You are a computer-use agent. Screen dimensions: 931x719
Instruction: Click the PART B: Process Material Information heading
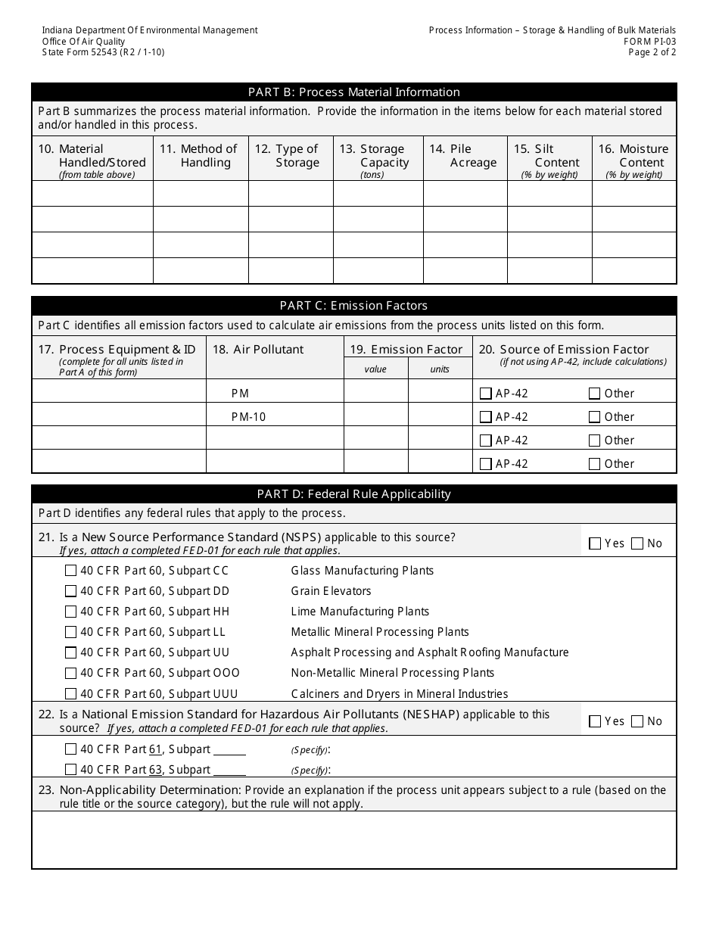point(353,92)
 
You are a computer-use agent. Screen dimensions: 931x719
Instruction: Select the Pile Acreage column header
point(464,156)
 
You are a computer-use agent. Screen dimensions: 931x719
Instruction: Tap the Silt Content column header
point(549,156)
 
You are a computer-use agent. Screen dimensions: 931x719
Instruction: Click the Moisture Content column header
point(633,156)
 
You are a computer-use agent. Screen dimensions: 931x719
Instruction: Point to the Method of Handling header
point(201,156)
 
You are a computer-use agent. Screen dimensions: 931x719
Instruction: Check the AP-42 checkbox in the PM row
point(486,394)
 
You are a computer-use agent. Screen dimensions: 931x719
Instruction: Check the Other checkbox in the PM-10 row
point(594,417)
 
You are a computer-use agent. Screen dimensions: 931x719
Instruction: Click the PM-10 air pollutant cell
point(249,417)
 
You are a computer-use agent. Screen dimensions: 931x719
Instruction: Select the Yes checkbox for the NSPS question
point(595,543)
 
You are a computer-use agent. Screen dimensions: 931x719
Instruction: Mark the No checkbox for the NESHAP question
point(637,721)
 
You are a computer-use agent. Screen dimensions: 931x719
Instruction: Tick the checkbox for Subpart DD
point(71,591)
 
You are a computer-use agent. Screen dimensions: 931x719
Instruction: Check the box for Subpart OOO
point(71,673)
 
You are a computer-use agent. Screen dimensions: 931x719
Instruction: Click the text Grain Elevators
point(331,591)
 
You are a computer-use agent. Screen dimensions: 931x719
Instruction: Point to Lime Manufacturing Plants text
point(359,612)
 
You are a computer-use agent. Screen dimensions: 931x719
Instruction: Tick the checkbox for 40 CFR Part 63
point(71,770)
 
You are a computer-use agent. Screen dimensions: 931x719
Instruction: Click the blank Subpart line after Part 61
point(229,750)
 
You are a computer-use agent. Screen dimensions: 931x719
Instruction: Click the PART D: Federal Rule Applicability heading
point(353,494)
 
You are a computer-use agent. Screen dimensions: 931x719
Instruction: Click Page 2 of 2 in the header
point(652,52)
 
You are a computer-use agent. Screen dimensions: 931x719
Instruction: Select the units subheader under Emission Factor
point(440,369)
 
